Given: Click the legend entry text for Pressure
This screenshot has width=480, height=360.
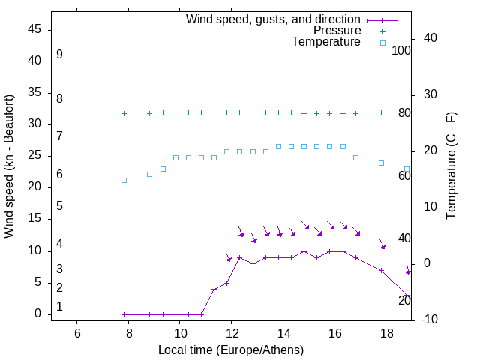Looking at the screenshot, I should click(337, 31).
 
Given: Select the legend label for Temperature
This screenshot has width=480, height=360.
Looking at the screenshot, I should click(326, 42).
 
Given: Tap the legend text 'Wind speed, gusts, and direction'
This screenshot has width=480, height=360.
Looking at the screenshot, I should click(274, 19).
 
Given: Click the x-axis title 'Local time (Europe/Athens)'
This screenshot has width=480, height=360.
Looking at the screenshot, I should click(231, 350).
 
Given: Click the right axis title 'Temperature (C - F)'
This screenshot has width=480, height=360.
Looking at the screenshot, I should click(451, 166).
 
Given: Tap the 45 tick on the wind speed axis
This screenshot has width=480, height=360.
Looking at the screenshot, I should click(34, 29).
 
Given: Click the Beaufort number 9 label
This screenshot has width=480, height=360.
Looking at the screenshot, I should click(59, 55).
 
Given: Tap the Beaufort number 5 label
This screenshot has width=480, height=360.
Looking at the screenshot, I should click(59, 205).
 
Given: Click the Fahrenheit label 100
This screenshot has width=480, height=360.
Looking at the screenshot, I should click(402, 51).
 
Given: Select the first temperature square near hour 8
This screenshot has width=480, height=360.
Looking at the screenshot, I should click(124, 180).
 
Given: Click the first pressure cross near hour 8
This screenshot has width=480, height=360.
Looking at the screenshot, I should click(124, 113).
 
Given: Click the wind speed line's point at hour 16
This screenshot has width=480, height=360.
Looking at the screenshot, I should click(330, 251).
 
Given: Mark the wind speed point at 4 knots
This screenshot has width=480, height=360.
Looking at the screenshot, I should click(214, 289).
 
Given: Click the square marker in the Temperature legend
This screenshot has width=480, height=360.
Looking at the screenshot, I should click(382, 43).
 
